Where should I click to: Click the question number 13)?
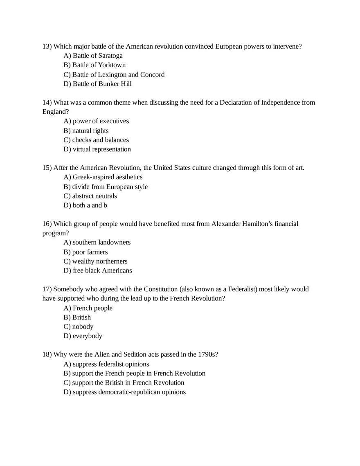(47, 46)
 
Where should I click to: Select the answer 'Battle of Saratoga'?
(97, 56)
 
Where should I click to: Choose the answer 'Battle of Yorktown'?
(99, 65)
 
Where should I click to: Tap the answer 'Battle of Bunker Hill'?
(102, 84)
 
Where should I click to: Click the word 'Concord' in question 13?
(152, 74)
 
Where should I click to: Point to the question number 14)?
(47, 102)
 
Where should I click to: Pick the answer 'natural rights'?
(90, 131)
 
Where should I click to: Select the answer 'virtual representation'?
(101, 149)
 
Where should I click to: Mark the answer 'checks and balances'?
(100, 140)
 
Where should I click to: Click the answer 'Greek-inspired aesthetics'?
(107, 177)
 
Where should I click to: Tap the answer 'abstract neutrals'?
(94, 196)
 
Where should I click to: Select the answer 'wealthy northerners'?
(100, 261)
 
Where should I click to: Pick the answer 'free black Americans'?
(102, 270)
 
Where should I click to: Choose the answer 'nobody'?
(83, 326)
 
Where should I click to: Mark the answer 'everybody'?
(87, 336)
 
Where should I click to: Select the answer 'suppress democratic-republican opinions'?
(129, 392)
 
